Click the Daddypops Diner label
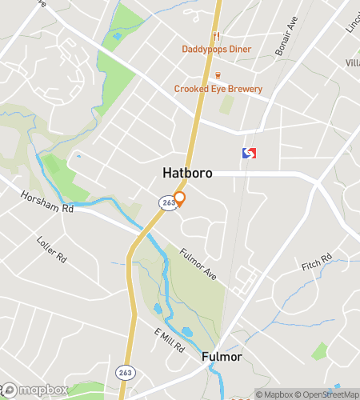(x=216, y=50)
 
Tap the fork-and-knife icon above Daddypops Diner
(x=216, y=35)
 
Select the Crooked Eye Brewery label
(x=218, y=89)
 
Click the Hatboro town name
(x=187, y=173)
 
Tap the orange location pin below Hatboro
(x=180, y=198)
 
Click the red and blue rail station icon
(x=250, y=153)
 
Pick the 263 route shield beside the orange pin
(x=166, y=203)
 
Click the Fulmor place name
(x=220, y=356)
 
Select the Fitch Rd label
(x=316, y=263)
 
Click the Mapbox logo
(x=34, y=390)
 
